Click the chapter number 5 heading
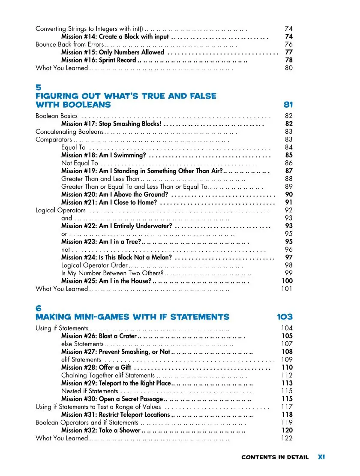(38, 87)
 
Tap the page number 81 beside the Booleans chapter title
(288, 105)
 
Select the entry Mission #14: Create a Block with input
(115, 37)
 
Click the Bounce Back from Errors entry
(69, 45)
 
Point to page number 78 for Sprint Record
(289, 60)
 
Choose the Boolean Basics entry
(57, 116)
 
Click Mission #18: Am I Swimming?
(104, 155)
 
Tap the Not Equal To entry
(80, 163)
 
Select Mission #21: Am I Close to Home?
(109, 202)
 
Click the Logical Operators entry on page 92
(60, 210)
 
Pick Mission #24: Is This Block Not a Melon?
(117, 257)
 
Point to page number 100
(287, 281)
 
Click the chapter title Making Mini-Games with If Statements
(132, 317)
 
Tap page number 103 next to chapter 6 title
(285, 317)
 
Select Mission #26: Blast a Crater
(99, 336)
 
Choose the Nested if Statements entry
(90, 391)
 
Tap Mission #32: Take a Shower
(101, 430)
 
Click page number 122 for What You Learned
(287, 438)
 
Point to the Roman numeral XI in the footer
(321, 457)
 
